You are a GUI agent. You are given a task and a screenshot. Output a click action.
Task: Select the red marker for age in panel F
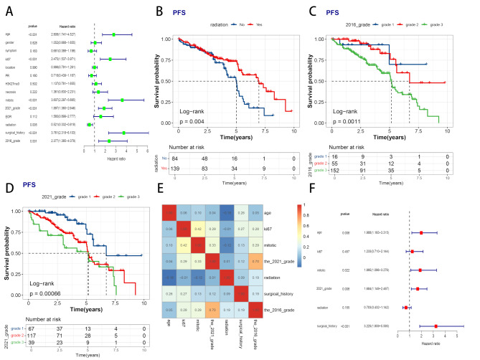tap(421, 233)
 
